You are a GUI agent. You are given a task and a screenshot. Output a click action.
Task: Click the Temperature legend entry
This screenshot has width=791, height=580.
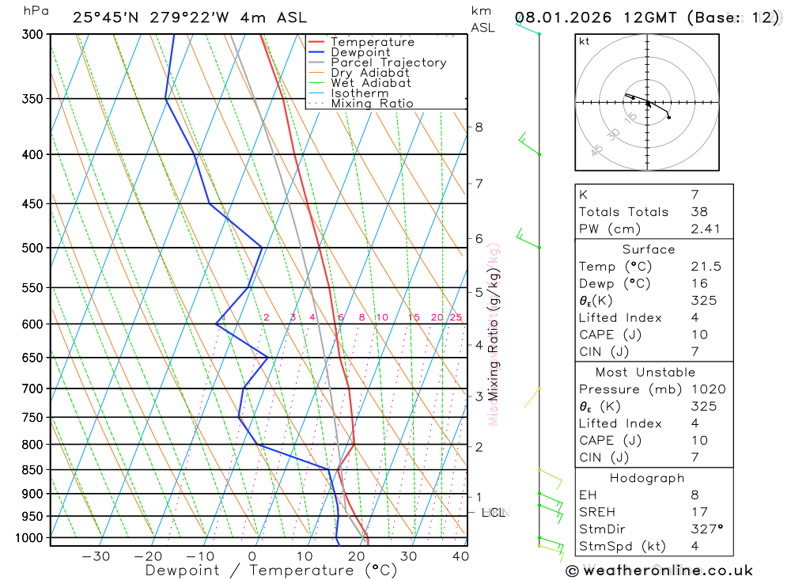click(x=372, y=42)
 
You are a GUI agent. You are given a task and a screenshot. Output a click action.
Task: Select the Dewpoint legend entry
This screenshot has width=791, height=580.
click(x=361, y=52)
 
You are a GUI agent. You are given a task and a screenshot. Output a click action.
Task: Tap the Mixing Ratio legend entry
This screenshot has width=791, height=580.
click(x=372, y=104)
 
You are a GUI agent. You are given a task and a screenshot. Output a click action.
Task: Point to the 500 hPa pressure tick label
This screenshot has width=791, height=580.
click(x=33, y=248)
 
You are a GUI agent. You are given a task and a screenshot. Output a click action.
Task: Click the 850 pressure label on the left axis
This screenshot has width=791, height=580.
click(x=33, y=470)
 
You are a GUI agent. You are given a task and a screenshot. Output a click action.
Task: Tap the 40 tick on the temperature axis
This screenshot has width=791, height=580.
click(x=460, y=556)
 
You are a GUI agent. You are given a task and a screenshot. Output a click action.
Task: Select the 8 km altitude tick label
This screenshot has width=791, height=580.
click(x=479, y=127)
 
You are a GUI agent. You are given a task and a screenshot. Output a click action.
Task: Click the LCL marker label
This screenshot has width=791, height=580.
click(x=494, y=513)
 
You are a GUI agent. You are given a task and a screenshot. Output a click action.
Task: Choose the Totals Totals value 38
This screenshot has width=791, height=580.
click(x=698, y=211)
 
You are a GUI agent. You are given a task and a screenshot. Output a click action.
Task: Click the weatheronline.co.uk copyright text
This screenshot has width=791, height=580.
click(x=660, y=570)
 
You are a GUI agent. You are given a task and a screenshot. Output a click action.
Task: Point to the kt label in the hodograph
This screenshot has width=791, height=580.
click(x=585, y=41)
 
